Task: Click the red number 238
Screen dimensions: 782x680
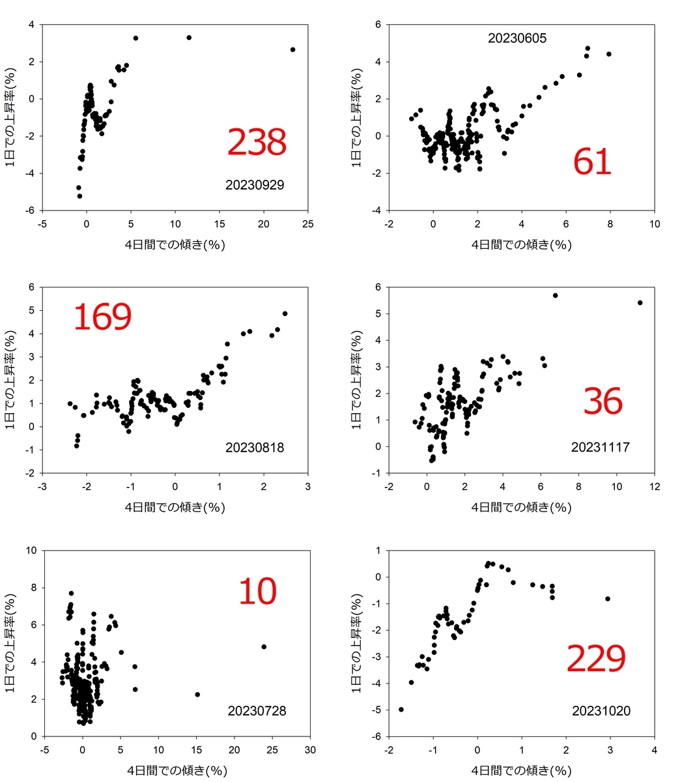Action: click(257, 142)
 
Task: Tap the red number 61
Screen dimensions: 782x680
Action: click(592, 162)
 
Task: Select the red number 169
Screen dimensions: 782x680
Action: click(102, 317)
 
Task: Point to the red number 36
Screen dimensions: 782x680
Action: click(602, 401)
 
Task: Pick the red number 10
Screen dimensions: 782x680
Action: click(257, 592)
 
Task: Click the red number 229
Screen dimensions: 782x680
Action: click(596, 659)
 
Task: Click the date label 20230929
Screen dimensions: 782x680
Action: click(255, 185)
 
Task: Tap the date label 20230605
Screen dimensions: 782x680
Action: click(517, 38)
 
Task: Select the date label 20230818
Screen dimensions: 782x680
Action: click(255, 448)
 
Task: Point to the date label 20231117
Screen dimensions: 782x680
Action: click(601, 448)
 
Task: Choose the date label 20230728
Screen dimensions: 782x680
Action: click(257, 711)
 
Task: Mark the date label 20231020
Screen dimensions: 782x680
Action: click(601, 711)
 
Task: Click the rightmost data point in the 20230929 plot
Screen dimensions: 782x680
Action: click(292, 50)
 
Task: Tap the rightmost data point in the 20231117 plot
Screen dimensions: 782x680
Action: click(640, 302)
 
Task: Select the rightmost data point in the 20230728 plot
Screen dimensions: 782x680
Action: click(264, 646)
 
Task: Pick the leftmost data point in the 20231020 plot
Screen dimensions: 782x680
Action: click(401, 709)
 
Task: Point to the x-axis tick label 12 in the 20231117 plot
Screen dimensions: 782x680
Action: click(655, 486)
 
